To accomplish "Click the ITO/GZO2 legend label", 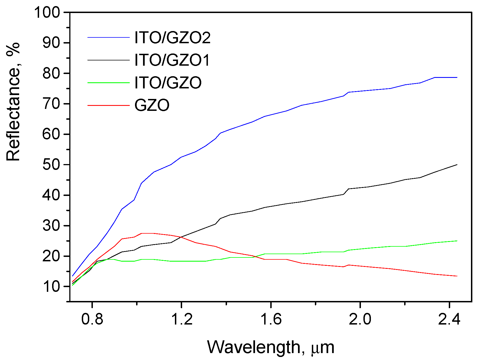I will click(x=172, y=38).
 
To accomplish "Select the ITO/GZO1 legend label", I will click(x=172, y=60).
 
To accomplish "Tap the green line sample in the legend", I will click(x=108, y=83).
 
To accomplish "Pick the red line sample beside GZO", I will click(x=108, y=105).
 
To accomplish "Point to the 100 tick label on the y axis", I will click(x=47, y=12).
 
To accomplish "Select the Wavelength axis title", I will click(x=271, y=347).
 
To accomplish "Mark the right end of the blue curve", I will click(x=457, y=77).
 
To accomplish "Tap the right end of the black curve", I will click(x=457, y=165).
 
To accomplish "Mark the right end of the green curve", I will click(x=457, y=241).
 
